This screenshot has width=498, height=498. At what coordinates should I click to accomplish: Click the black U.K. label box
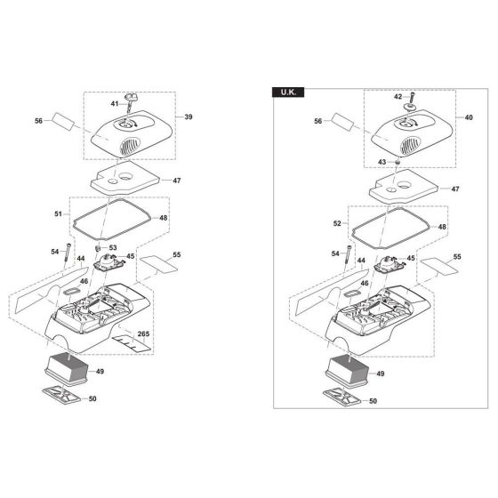tap(288, 92)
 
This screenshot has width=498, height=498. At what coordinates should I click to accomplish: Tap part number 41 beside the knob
tap(115, 103)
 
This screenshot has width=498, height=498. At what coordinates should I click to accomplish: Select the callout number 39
tap(189, 116)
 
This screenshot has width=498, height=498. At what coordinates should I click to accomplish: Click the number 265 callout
tap(143, 333)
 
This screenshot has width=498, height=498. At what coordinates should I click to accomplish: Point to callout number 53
tap(113, 247)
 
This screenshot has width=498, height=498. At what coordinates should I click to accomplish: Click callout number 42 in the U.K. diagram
tap(398, 97)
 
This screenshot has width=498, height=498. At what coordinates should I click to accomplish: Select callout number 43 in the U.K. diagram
tap(382, 162)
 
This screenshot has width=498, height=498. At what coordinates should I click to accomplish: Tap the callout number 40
tap(469, 117)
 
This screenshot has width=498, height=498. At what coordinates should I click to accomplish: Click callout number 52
tap(337, 223)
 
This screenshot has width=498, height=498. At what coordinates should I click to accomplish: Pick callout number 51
tap(58, 214)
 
